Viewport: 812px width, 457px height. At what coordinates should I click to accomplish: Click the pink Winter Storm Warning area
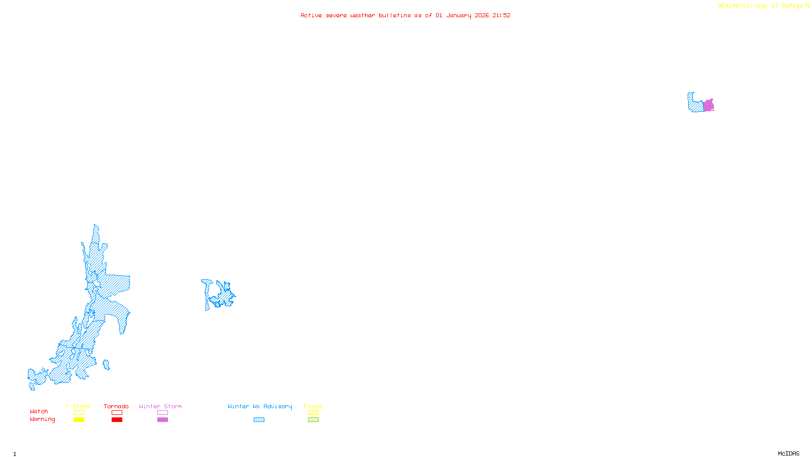click(x=708, y=106)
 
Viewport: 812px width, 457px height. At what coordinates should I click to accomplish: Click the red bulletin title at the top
click(x=405, y=15)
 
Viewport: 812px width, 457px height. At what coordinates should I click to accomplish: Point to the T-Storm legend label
click(x=78, y=406)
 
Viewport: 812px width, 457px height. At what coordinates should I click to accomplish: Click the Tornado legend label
click(x=116, y=406)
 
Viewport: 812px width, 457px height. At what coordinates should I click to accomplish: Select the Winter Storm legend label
click(x=160, y=406)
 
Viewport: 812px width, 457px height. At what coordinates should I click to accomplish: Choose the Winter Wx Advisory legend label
click(x=260, y=406)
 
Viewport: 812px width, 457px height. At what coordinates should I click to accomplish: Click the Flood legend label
click(x=313, y=406)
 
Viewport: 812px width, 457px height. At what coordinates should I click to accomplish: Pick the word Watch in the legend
click(x=39, y=411)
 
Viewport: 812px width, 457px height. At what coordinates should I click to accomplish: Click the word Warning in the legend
click(x=43, y=419)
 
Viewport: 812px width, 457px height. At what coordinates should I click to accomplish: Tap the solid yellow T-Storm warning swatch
click(x=79, y=420)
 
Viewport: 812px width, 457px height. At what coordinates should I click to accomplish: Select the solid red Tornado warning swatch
click(x=117, y=420)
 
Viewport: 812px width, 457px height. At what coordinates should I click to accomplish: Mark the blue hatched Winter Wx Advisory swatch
click(x=259, y=420)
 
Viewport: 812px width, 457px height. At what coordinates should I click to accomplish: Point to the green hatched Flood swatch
click(x=313, y=420)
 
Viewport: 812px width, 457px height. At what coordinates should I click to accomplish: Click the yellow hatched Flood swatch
click(x=313, y=413)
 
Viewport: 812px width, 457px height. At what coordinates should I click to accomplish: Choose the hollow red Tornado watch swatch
click(x=117, y=413)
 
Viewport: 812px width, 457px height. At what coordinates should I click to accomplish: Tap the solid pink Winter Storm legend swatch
click(x=162, y=420)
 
